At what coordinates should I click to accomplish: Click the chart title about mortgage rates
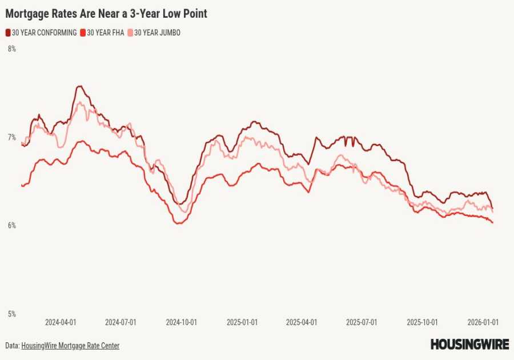(106, 14)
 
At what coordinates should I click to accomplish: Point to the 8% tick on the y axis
(11, 49)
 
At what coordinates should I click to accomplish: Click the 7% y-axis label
(11, 137)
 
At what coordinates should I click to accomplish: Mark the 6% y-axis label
(11, 226)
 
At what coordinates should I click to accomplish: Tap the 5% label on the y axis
(11, 314)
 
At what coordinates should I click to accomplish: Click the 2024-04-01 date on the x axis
(61, 322)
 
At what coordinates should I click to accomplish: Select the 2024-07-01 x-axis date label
(121, 322)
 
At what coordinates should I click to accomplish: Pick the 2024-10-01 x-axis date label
(181, 322)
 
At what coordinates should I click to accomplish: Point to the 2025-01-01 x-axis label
(242, 322)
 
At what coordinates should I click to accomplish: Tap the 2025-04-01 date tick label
(301, 322)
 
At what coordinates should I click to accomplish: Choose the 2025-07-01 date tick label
(362, 322)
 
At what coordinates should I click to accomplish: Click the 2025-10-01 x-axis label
(422, 322)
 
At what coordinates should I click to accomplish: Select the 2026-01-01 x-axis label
(483, 322)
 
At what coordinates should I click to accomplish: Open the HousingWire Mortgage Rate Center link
(70, 346)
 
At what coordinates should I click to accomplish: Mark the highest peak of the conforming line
(79, 86)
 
